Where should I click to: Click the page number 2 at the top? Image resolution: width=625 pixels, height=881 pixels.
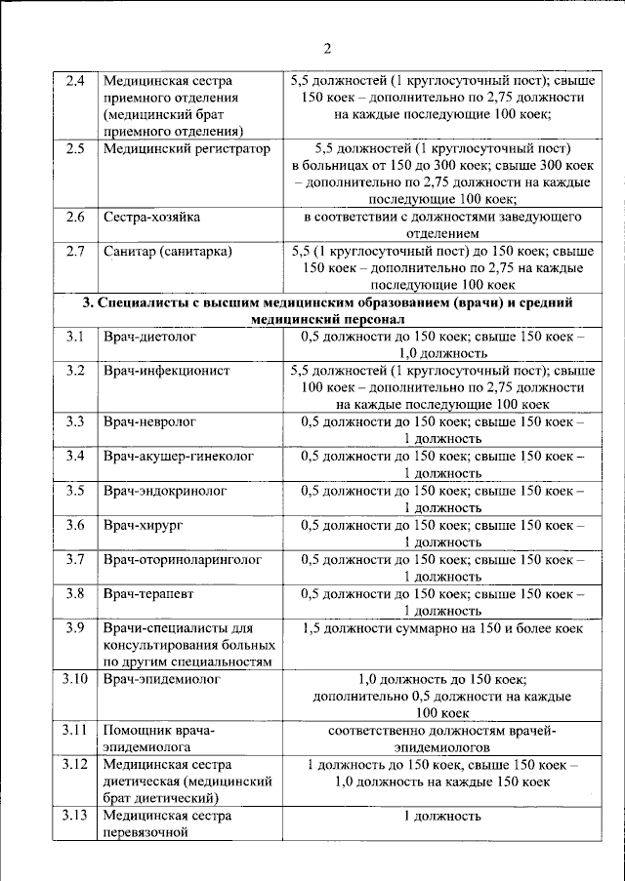click(327, 49)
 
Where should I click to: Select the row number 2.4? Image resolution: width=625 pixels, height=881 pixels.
click(75, 80)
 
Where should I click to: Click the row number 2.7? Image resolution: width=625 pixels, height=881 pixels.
click(75, 252)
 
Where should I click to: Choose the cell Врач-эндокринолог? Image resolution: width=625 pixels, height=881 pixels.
click(165, 491)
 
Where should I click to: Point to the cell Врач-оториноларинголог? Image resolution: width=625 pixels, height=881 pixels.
click(184, 559)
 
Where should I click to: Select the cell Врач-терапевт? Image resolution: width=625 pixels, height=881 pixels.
click(151, 593)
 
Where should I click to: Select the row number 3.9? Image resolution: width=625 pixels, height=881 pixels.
click(75, 627)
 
